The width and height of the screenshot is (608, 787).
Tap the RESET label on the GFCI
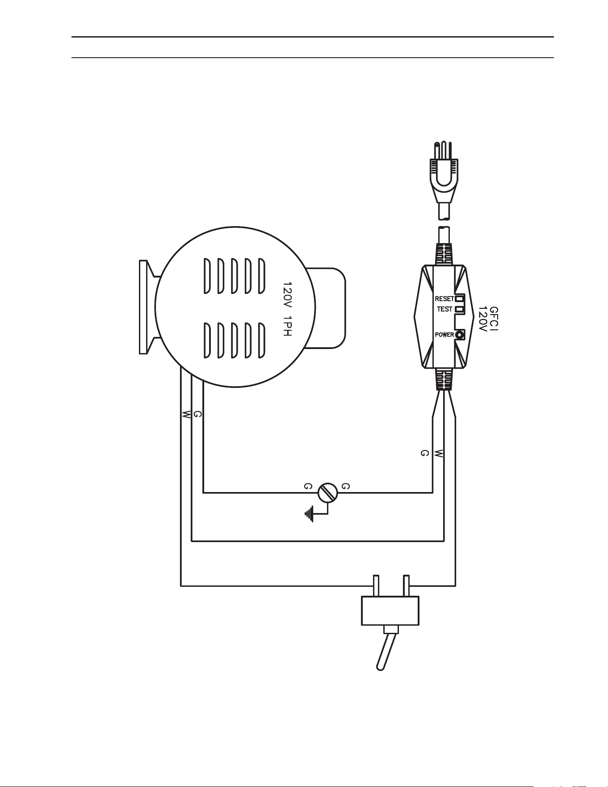(444, 299)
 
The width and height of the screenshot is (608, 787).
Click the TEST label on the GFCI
(445, 309)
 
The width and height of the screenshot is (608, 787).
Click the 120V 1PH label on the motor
(288, 309)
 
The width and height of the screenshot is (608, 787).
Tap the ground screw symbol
(327, 493)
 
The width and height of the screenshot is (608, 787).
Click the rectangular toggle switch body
(390, 610)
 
